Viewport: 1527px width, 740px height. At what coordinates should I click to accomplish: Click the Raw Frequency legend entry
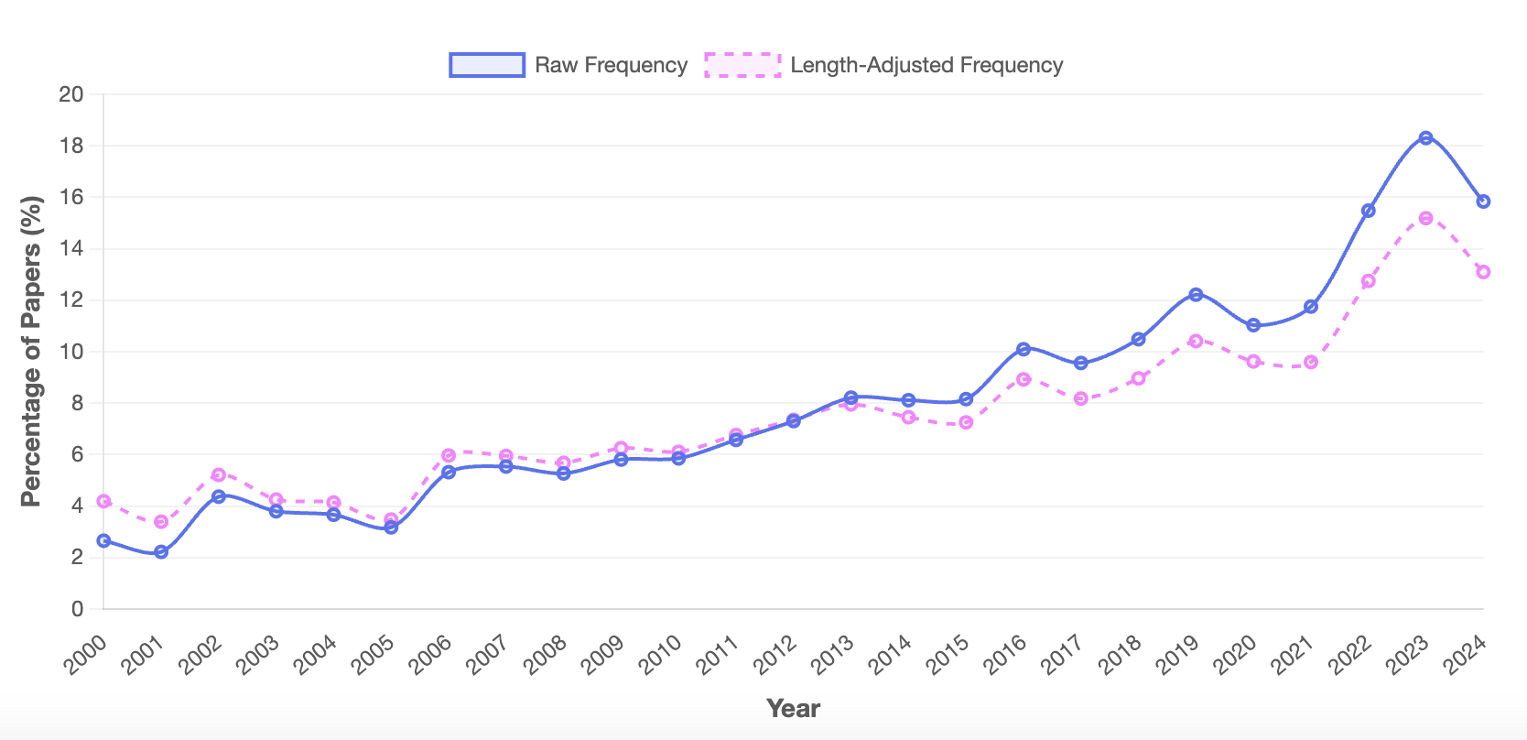click(x=568, y=65)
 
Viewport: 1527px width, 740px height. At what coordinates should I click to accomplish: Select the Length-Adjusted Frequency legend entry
click(x=883, y=65)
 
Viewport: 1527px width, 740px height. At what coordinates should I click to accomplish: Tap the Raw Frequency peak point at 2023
click(x=1425, y=138)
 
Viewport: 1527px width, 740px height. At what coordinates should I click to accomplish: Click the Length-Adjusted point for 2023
click(x=1425, y=219)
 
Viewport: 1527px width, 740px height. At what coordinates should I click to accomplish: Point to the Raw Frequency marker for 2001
click(x=161, y=552)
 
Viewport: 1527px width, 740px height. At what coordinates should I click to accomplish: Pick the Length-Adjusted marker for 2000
click(x=103, y=502)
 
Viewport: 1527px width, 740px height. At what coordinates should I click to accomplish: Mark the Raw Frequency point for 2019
click(x=1196, y=295)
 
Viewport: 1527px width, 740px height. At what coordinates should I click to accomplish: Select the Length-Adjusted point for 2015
click(x=966, y=423)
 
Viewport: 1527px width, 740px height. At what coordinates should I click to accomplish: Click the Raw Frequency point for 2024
click(x=1483, y=201)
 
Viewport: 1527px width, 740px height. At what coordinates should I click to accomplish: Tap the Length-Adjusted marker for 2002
click(x=219, y=475)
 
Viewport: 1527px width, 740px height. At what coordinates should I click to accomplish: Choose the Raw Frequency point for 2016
click(x=1023, y=349)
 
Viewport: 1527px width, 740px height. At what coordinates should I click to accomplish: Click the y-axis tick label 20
click(x=71, y=94)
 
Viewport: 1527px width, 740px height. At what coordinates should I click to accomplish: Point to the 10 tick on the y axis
click(x=71, y=352)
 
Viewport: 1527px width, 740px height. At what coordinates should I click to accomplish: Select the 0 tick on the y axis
click(x=77, y=609)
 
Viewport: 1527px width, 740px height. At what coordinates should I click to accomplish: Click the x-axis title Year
click(x=793, y=708)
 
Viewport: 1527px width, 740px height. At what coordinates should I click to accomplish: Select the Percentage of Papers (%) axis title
click(x=31, y=352)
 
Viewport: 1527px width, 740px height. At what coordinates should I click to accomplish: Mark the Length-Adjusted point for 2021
click(x=1311, y=363)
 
